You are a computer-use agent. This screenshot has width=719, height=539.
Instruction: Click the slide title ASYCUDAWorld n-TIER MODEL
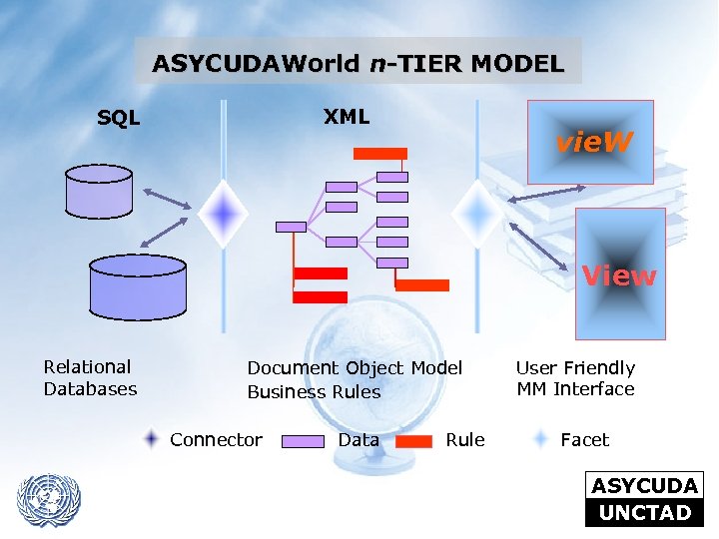358,64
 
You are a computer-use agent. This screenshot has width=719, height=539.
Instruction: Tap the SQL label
119,119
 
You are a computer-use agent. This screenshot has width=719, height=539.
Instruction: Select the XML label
347,117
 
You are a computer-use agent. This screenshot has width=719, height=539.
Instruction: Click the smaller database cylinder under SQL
98,191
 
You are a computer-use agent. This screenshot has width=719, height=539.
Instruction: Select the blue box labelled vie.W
589,142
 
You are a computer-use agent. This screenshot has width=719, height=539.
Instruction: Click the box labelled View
619,274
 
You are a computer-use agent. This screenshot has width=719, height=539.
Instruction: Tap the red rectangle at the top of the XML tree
380,154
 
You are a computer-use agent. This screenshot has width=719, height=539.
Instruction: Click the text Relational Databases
90,378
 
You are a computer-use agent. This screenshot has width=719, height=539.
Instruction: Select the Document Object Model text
355,368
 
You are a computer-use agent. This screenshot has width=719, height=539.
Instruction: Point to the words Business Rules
314,392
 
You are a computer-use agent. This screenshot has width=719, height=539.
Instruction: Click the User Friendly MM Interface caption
575,378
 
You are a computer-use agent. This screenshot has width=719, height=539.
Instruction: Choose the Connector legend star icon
151,439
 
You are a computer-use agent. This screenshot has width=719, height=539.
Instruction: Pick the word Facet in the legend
584,440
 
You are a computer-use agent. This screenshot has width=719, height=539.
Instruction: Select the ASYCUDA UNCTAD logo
644,499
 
